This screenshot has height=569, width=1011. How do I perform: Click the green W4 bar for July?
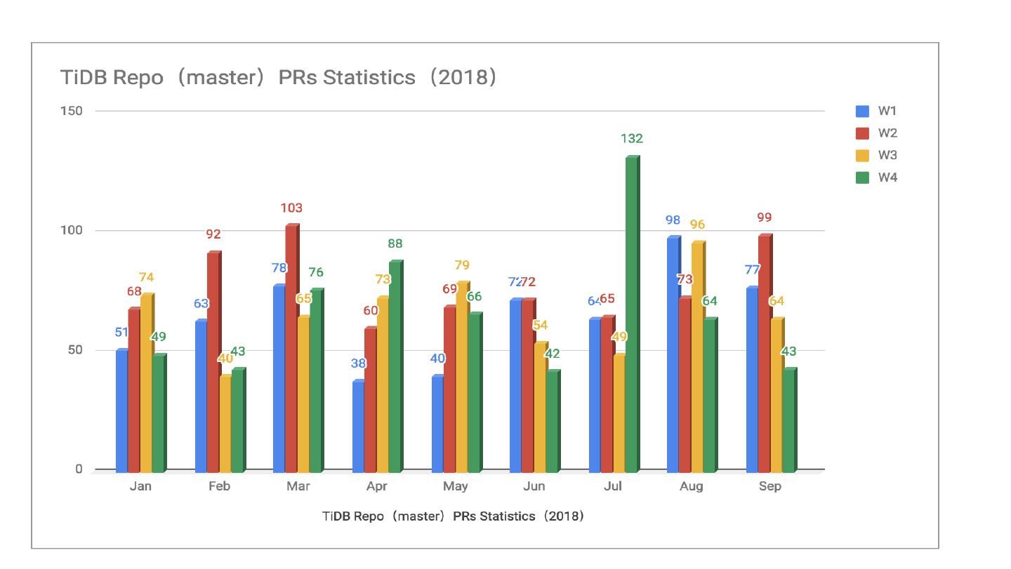632,314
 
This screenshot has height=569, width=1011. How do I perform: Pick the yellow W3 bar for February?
225,424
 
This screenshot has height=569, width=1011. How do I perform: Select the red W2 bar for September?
765,354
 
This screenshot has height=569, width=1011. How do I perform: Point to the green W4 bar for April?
395,366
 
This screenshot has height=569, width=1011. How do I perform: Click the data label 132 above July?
632,139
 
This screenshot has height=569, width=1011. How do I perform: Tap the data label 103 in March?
291,208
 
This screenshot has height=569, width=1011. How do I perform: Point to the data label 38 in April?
359,363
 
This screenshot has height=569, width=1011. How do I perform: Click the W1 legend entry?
887,111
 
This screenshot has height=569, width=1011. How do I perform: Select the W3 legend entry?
887,155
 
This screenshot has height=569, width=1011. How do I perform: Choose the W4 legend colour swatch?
862,178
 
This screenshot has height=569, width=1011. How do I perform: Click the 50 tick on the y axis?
74,350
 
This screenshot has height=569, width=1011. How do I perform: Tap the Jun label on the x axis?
534,486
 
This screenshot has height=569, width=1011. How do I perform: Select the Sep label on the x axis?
770,486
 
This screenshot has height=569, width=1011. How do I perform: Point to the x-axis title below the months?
453,516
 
